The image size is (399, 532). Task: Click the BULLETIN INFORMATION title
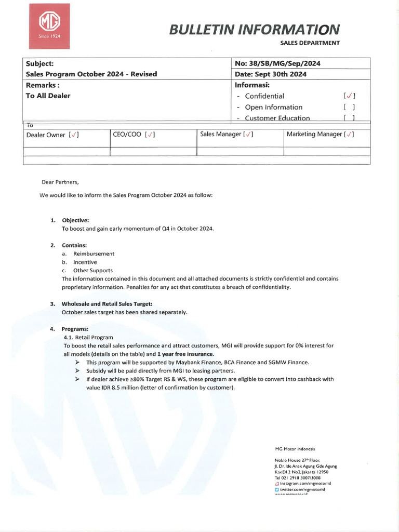pyautogui.click(x=255, y=29)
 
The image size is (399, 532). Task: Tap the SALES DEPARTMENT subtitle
pyautogui.click(x=310, y=43)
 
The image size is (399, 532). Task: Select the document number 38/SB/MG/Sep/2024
pyautogui.click(x=277, y=63)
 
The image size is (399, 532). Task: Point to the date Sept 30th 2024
pyautogui.click(x=271, y=74)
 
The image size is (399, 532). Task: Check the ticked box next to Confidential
pyautogui.click(x=349, y=96)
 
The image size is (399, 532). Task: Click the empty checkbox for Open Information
pyautogui.click(x=349, y=107)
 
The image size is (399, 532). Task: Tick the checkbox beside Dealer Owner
pyautogui.click(x=74, y=135)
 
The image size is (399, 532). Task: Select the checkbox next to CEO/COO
pyautogui.click(x=150, y=135)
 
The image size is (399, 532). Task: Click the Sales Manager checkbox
pyautogui.click(x=249, y=134)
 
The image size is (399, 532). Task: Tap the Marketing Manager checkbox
pyautogui.click(x=349, y=134)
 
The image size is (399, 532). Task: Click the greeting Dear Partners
pyautogui.click(x=60, y=182)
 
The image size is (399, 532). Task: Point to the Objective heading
pyautogui.click(x=75, y=220)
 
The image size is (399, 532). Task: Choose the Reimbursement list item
pyautogui.click(x=94, y=254)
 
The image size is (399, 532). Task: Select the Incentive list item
pyautogui.click(x=85, y=262)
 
